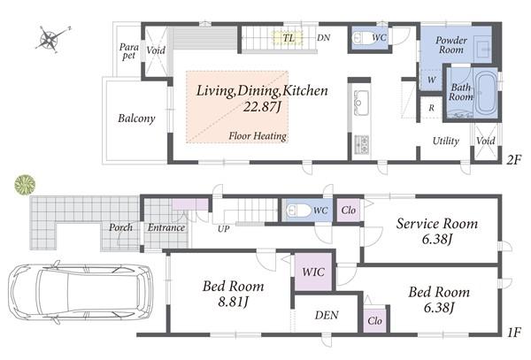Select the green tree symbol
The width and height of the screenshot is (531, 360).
[x=25, y=185]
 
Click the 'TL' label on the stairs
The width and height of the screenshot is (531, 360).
[x=289, y=38]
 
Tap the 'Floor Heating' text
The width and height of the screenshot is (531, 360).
[x=257, y=136]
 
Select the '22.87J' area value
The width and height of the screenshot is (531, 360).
[x=262, y=107]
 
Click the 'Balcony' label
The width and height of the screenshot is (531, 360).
[x=136, y=119]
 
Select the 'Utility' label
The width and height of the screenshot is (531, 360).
[x=444, y=142]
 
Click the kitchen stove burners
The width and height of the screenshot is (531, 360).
[x=362, y=144]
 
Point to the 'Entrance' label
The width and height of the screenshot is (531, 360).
[x=166, y=228]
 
